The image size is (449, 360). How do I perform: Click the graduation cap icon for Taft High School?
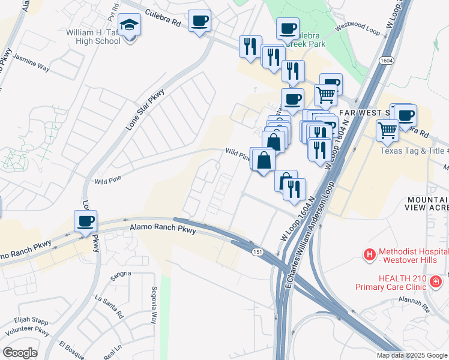pyautogui.click(x=128, y=26)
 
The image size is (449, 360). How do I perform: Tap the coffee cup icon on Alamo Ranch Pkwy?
pyautogui.click(x=85, y=221)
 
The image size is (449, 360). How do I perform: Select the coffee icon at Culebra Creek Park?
pyautogui.click(x=288, y=28)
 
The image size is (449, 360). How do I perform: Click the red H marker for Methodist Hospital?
pyautogui.click(x=370, y=255)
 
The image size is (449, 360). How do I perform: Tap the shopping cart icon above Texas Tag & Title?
pyautogui.click(x=387, y=130)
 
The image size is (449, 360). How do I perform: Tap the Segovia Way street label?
pyautogui.click(x=154, y=313)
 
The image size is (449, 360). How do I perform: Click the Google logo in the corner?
pyautogui.click(x=20, y=353)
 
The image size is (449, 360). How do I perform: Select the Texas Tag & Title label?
pyautogui.click(x=414, y=151)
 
